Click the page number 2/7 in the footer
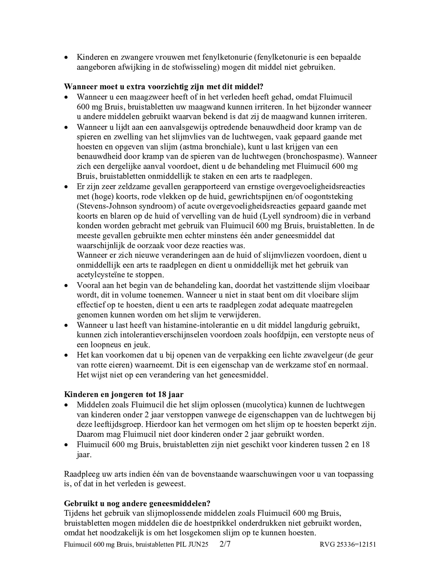pyautogui.click(x=225, y=544)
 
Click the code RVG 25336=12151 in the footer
pyautogui.click(x=347, y=544)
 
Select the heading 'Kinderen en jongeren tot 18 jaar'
pyautogui.click(x=124, y=394)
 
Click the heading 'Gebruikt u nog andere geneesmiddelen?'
pyautogui.click(x=137, y=503)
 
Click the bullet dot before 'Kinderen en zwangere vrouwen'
pyautogui.click(x=66, y=58)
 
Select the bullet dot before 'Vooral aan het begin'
pyautogui.click(x=66, y=286)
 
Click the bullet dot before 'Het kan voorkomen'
pyautogui.click(x=66, y=356)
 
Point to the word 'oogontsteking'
pyautogui.click(x=332, y=196)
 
